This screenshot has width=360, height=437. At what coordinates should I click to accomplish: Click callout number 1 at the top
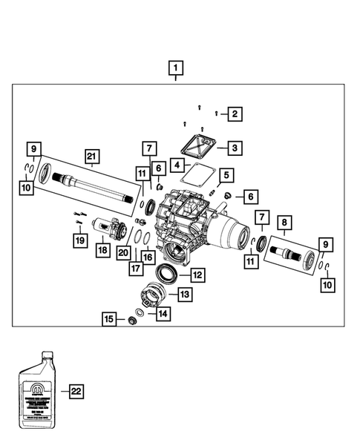click(x=175, y=70)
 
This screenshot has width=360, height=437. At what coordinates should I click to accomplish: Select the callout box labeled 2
click(x=235, y=114)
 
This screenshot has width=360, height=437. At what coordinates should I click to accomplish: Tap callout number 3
click(x=235, y=148)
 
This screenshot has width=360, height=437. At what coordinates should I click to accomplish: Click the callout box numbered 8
click(x=285, y=221)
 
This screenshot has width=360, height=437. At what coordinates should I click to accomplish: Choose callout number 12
click(x=197, y=275)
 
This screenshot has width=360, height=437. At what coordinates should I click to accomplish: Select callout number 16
click(x=147, y=257)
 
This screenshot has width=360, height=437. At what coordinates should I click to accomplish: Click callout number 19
click(x=78, y=239)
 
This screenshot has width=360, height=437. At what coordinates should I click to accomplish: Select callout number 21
click(x=91, y=156)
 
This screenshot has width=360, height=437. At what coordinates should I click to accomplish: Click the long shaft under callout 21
click(x=96, y=190)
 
